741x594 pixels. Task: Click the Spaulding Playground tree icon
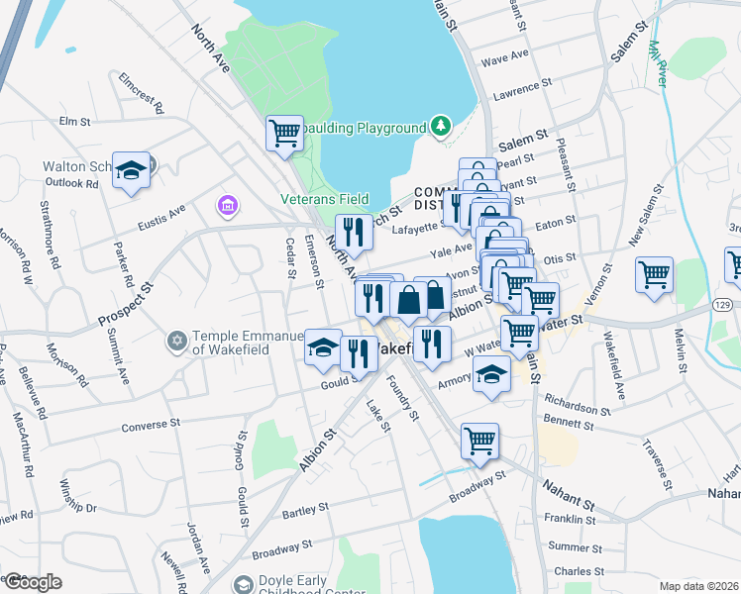[x=441, y=127]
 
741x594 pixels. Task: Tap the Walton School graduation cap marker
[x=130, y=171]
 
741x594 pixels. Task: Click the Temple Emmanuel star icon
[x=177, y=341]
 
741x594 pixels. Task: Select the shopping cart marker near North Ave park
[x=284, y=132]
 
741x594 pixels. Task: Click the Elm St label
[x=75, y=121]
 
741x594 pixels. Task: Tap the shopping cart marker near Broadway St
[x=479, y=441]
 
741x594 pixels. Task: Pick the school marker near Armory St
[x=489, y=375]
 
